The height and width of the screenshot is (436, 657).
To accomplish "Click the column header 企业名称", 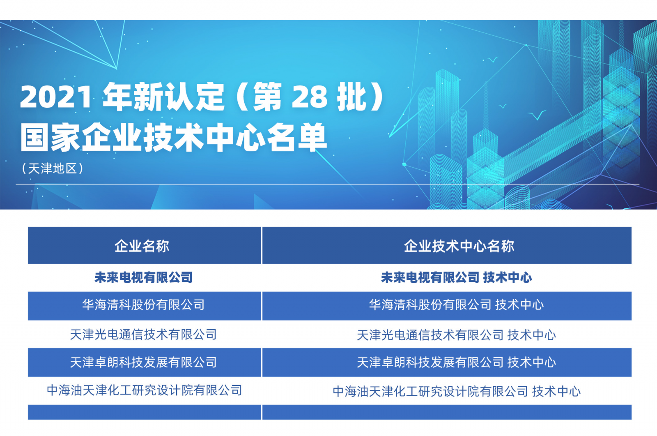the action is coord(142,246).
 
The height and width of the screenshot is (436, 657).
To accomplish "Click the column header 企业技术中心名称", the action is coord(459,246).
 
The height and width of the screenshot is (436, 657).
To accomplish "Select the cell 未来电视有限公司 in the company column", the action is coord(143,277).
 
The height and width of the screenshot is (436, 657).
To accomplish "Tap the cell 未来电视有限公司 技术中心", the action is coord(456,277).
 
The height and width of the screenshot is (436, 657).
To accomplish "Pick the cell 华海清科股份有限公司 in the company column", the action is coord(143,305).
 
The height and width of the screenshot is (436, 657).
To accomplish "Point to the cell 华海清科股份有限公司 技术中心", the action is coord(456,305).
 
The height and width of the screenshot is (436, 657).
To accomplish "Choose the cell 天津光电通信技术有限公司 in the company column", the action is coord(143,334).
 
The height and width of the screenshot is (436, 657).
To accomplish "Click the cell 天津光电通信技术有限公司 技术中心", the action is coord(456,335).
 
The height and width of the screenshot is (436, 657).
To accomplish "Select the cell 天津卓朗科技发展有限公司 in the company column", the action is coord(143,362).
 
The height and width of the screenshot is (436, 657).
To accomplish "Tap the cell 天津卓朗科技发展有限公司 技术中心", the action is coord(456,362).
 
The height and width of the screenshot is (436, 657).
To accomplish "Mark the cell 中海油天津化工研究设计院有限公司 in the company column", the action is coord(144,390).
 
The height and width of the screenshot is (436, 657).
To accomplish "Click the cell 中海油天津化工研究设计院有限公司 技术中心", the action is coord(457,391).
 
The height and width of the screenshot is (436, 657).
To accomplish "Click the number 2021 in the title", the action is coord(56,97).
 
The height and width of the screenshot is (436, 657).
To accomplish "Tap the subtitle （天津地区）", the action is coord(53,168).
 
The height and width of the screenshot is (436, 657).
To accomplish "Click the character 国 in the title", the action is coord(34,137).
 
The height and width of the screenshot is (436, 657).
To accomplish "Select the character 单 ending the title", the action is coord(312,137).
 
